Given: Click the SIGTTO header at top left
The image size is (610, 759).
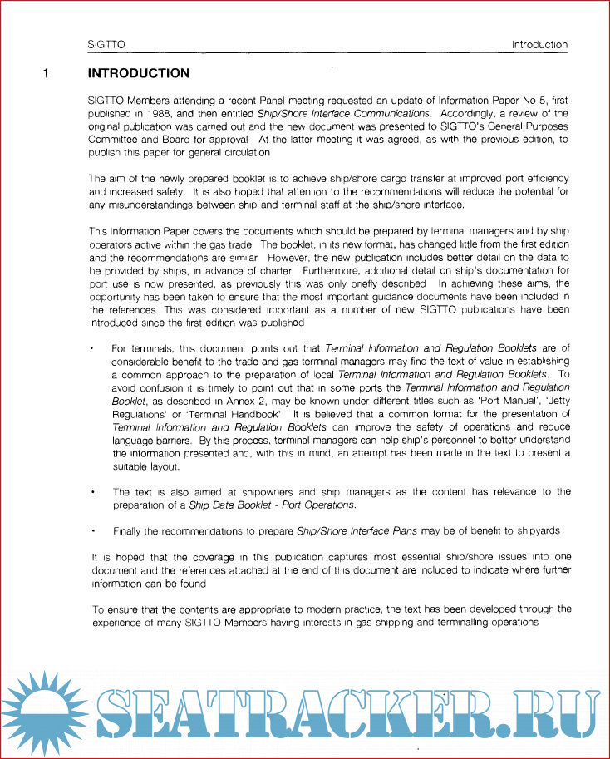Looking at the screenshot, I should point(106,45).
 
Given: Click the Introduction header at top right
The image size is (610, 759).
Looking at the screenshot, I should point(539,45).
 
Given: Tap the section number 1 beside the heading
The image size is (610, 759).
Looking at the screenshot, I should point(47,73).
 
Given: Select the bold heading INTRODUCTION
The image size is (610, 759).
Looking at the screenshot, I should point(139,73).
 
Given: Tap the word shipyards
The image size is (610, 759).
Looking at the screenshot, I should point(537,530).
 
